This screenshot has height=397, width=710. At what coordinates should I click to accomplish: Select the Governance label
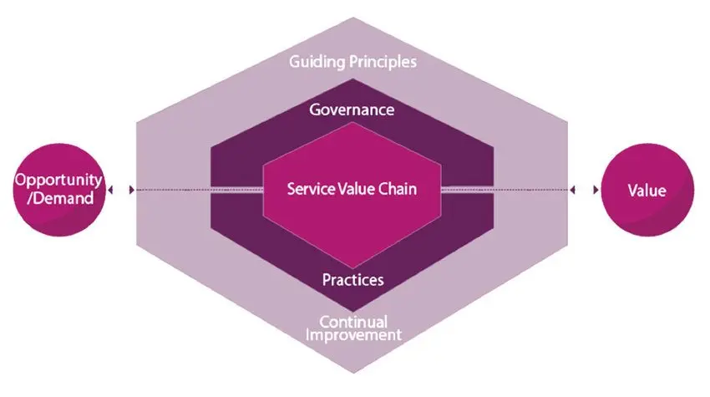pyautogui.click(x=352, y=110)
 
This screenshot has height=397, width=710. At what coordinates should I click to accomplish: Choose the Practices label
pyautogui.click(x=352, y=279)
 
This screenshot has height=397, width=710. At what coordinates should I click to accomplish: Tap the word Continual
pyautogui.click(x=352, y=322)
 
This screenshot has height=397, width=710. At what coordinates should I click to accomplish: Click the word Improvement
pyautogui.click(x=352, y=335)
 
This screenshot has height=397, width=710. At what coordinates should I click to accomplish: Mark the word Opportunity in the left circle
pyautogui.click(x=58, y=181)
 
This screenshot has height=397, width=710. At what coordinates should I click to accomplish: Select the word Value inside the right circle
pyautogui.click(x=647, y=191)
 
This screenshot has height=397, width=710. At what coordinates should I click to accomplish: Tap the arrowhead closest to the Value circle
pyautogui.click(x=596, y=190)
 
